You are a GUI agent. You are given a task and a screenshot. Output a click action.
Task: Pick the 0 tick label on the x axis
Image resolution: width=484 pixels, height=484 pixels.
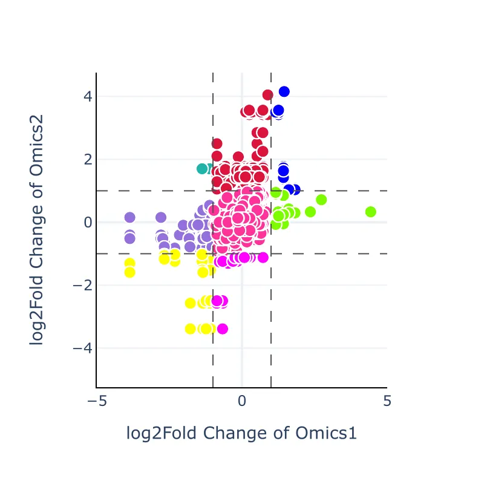pyautogui.click(x=242, y=401)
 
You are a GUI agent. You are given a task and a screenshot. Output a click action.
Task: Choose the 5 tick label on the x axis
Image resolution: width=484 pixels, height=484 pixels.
pyautogui.click(x=387, y=401)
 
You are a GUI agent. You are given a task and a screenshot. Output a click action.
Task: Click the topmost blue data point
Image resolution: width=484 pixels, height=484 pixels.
pyautogui.click(x=284, y=91)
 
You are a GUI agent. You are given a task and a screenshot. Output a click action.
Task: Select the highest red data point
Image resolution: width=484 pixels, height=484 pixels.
pyautogui.click(x=267, y=95)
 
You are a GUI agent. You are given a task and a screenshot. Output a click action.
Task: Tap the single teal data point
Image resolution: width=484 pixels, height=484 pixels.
pyautogui.click(x=202, y=168)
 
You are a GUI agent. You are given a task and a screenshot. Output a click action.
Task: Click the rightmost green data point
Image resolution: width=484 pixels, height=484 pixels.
pyautogui.click(x=371, y=212)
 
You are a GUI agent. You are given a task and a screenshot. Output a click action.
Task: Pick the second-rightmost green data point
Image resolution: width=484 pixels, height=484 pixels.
pyautogui.click(x=321, y=200)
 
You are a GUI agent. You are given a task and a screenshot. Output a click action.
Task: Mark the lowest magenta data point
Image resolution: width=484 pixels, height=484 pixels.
pyautogui.click(x=222, y=329)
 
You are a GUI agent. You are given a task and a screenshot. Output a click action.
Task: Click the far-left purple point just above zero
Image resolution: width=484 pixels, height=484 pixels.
pyautogui.click(x=129, y=217)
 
